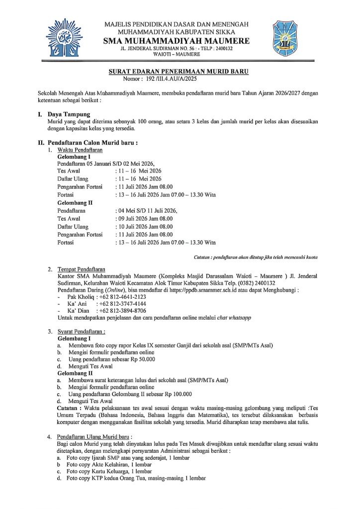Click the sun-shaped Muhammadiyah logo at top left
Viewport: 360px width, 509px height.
pos(64,37)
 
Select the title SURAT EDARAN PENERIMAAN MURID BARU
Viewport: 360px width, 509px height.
pos(179,72)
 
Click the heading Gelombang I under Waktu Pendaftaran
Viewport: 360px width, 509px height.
pos(74,157)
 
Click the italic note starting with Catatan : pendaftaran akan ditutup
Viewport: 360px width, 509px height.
pos(256,257)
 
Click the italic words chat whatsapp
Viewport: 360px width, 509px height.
pos(233,318)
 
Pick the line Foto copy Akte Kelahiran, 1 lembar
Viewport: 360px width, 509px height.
pos(111,464)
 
